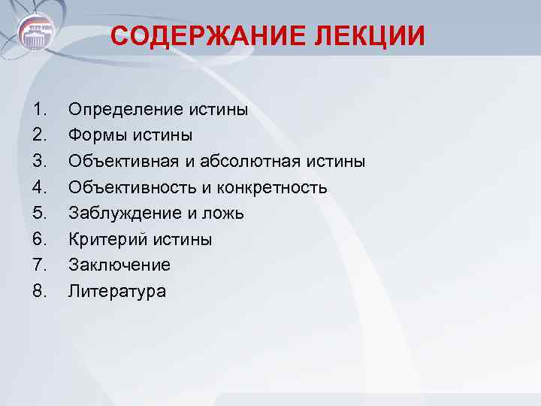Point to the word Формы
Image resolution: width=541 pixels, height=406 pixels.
click(x=92, y=136)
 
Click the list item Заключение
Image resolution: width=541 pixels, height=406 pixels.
click(x=119, y=265)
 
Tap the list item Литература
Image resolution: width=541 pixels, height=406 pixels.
click(x=117, y=291)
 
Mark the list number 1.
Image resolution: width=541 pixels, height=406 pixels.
click(x=40, y=111)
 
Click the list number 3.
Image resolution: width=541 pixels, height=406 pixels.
click(x=40, y=162)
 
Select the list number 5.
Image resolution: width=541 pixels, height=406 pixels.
click(x=40, y=214)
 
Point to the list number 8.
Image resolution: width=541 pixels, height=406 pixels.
click(x=40, y=291)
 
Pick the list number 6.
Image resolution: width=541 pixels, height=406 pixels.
click(x=40, y=240)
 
